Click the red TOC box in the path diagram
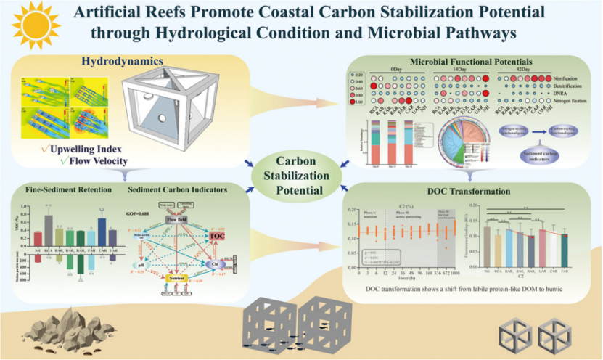click(x=217, y=236)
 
